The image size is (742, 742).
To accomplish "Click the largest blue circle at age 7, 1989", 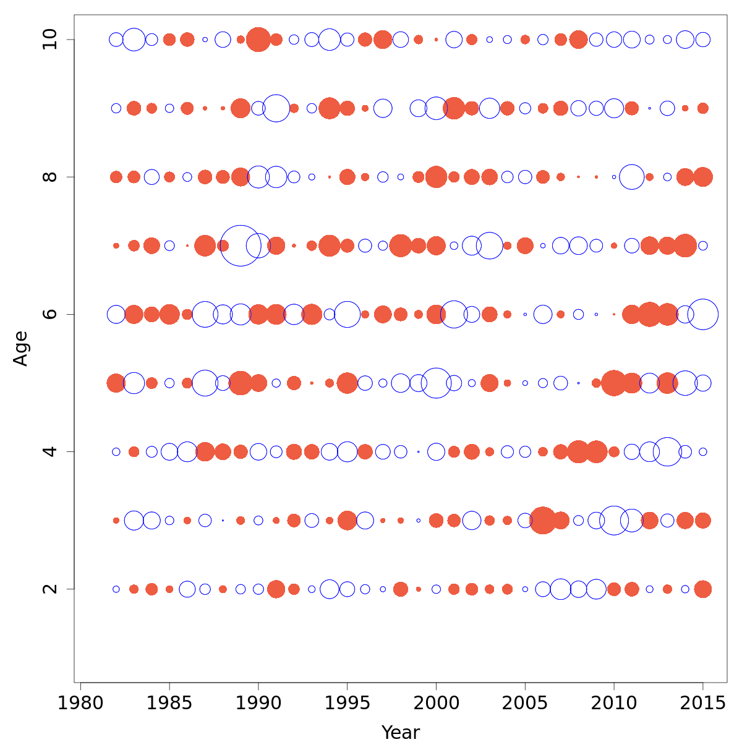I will (241, 245).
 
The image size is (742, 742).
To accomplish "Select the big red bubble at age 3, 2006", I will (543, 521).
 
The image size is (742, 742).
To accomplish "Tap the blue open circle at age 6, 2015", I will (702, 314).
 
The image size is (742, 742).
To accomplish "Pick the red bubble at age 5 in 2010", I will (614, 383).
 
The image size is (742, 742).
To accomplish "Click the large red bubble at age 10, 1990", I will (258, 40).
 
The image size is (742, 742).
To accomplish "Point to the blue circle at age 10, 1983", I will (134, 40).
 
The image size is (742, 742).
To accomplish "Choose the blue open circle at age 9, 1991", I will (276, 108).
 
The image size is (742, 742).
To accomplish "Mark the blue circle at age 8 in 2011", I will (631, 177).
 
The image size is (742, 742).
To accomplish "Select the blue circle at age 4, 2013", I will (667, 452).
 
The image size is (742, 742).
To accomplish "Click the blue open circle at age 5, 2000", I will (436, 383).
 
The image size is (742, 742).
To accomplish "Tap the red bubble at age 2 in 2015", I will (702, 589).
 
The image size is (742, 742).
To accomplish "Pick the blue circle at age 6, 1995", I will (348, 314).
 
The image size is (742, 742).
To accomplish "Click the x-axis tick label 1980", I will (80, 704).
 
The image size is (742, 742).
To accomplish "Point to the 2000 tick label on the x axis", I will (436, 704).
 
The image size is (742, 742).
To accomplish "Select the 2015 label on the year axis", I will (702, 704).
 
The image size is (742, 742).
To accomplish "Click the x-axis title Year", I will (401, 732).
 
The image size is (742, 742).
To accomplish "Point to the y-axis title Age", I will (21, 349).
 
